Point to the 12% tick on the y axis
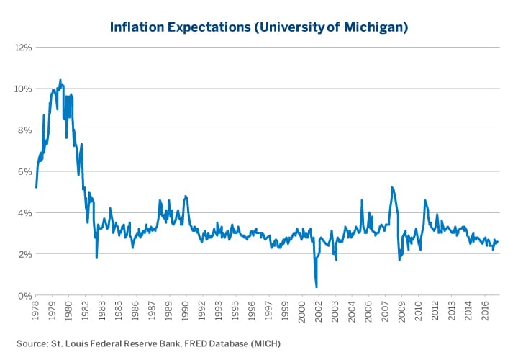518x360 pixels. click(22, 48)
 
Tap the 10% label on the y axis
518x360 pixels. click(22, 89)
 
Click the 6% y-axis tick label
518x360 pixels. click(24, 171)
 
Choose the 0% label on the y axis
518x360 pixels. click(24, 296)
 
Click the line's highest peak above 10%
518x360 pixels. click(60, 80)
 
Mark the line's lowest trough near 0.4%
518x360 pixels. click(317, 287)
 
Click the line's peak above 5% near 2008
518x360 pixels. click(391, 187)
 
